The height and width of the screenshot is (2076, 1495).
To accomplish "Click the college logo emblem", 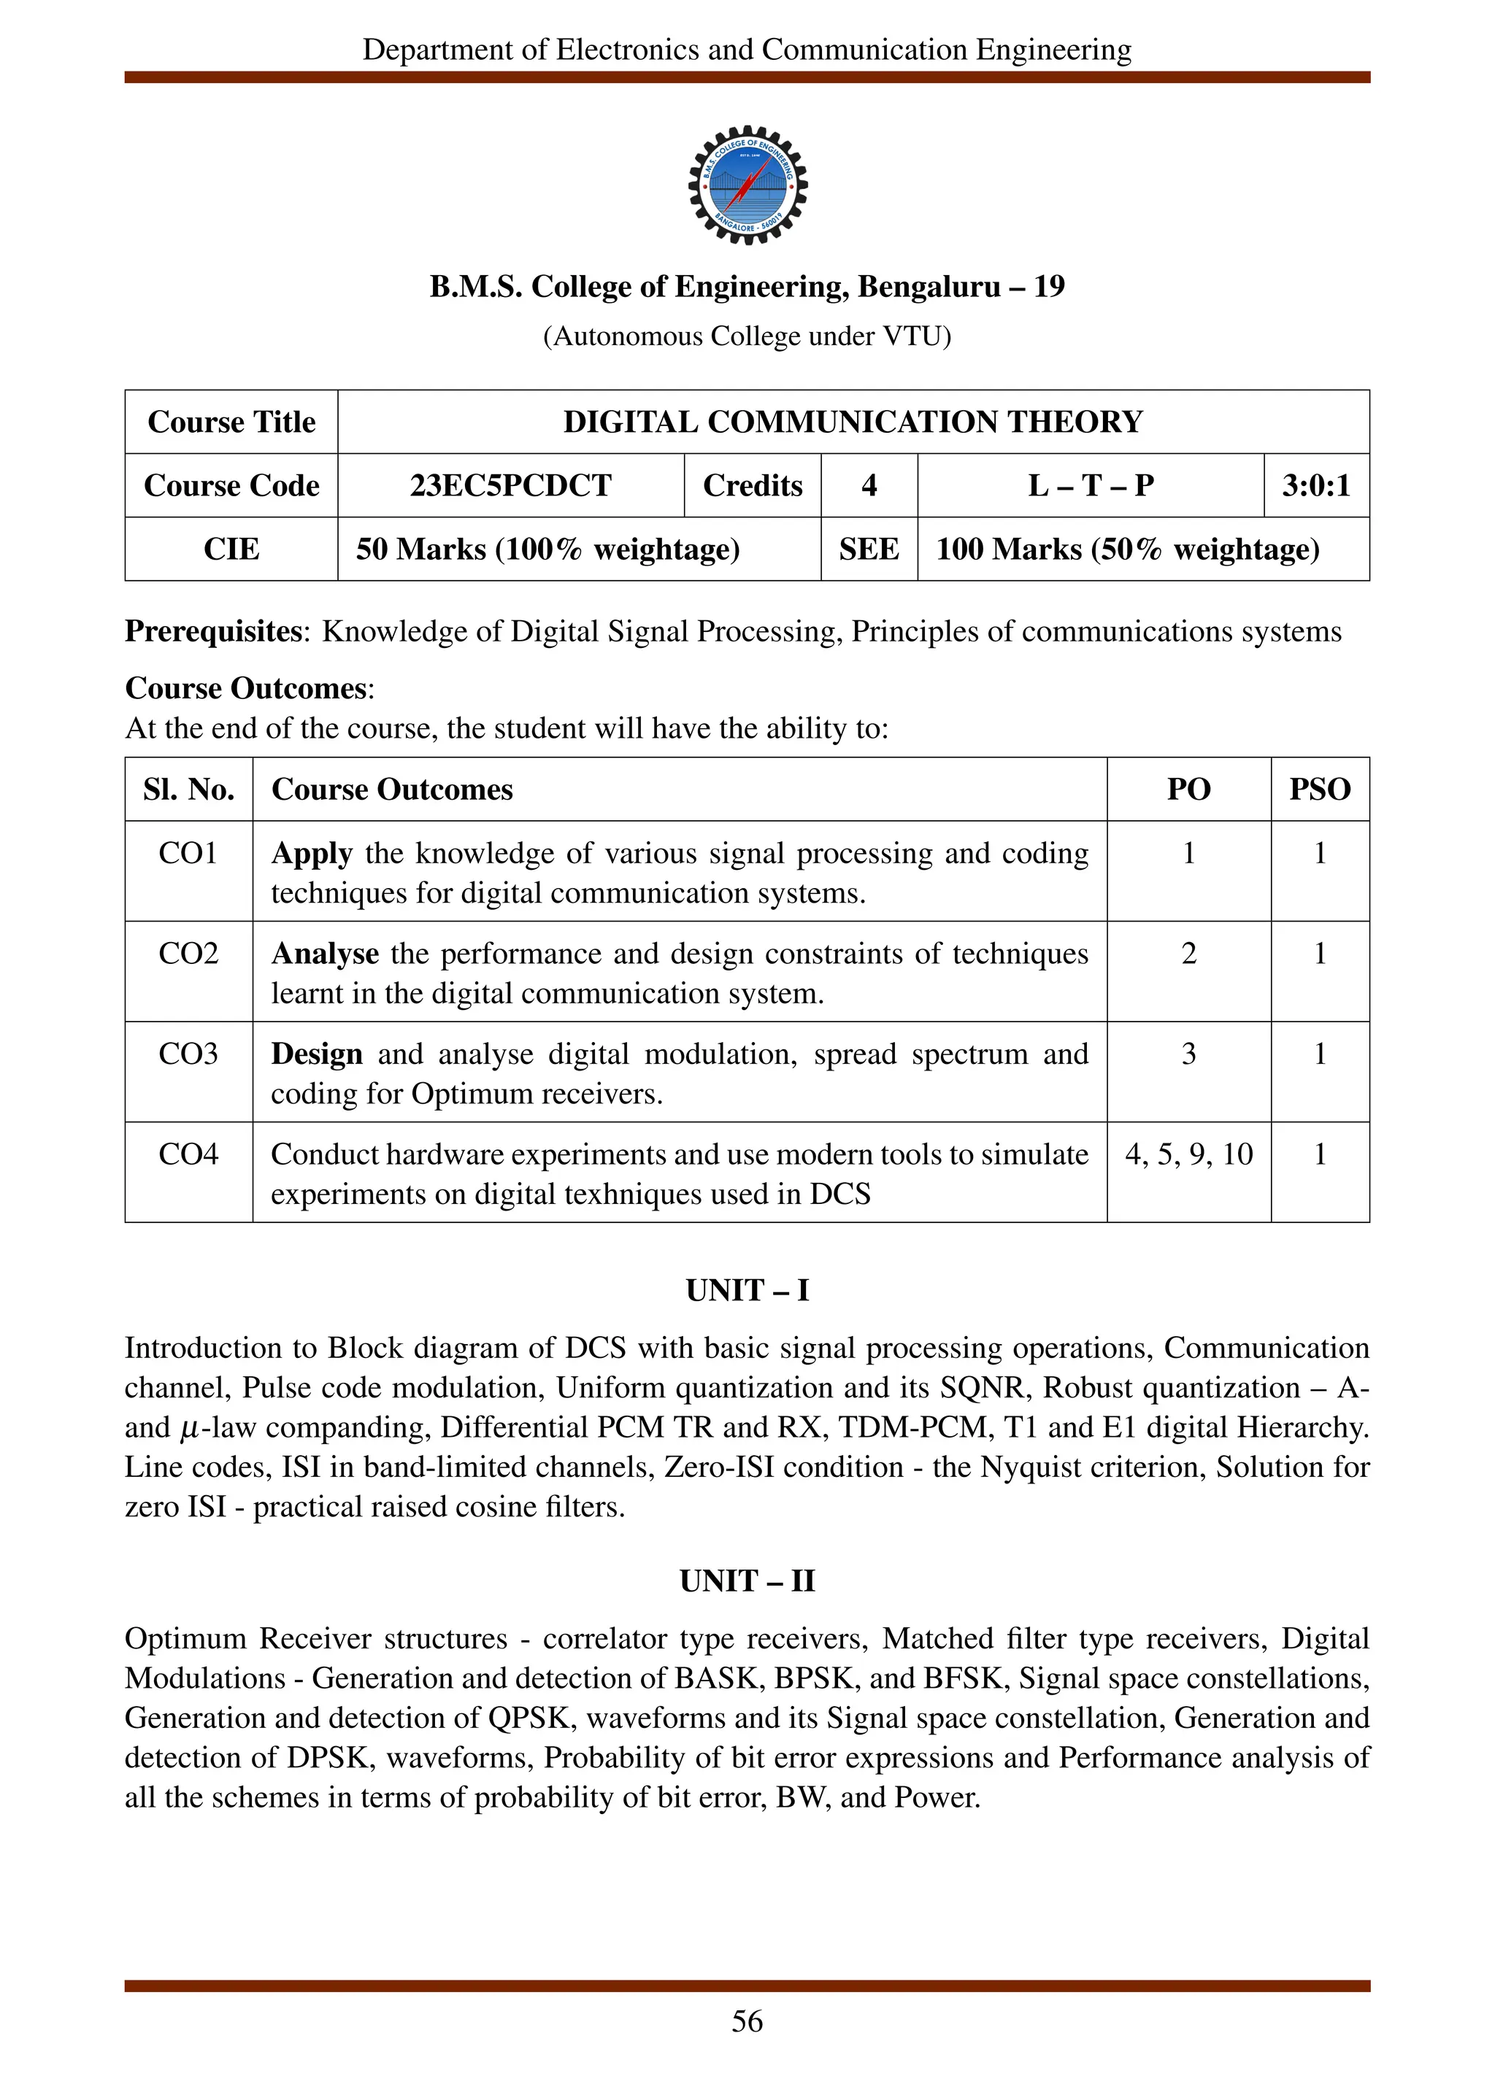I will pos(747,185).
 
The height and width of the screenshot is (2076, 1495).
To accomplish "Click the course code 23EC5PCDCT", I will pos(510,485).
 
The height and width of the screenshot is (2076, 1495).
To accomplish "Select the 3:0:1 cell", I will pos(1315,485).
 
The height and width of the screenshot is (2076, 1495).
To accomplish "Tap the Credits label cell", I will pos(752,485).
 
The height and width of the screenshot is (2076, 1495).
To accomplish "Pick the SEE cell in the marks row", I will pos(868,549).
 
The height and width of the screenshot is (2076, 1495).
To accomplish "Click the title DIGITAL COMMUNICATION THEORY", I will pos(853,422).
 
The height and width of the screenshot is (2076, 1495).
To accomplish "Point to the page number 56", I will pos(747,2021).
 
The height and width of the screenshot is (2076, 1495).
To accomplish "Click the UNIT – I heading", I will pos(747,1291).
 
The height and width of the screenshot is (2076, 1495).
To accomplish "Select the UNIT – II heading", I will pos(747,1581).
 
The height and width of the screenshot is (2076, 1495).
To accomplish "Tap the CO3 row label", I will pos(188,1054).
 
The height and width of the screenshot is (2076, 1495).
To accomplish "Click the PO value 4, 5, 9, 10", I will pos(1188,1154).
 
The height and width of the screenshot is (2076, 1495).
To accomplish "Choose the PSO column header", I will pos(1319,789).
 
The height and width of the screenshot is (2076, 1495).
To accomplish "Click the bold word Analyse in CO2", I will pos(325,954).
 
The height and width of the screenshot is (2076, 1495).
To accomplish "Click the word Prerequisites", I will pos(213,632).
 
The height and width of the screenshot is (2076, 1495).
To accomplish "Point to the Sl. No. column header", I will pos(188,789).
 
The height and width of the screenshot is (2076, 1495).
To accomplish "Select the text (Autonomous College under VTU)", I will pos(747,337).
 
